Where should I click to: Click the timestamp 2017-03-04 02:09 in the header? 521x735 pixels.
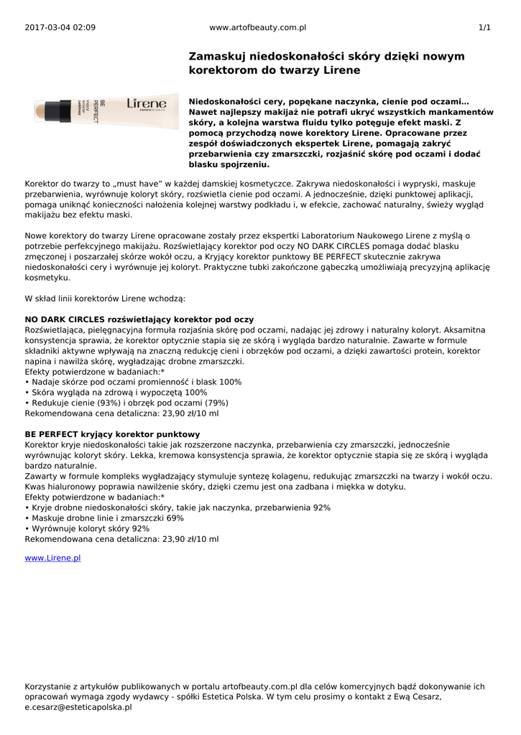pyautogui.click(x=60, y=27)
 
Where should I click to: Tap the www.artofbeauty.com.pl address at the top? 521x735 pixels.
pyautogui.click(x=258, y=27)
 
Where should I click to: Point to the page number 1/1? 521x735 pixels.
pyautogui.click(x=484, y=27)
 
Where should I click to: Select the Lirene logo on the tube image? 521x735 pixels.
pyautogui.click(x=147, y=104)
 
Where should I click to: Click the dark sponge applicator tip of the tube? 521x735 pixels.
pyautogui.click(x=46, y=111)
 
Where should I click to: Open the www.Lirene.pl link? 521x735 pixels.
pyautogui.click(x=52, y=558)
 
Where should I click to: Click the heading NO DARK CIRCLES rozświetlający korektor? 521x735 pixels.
pyautogui.click(x=139, y=319)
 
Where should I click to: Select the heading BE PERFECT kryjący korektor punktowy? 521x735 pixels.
pyautogui.click(x=112, y=434)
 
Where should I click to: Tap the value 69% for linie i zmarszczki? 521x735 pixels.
pyautogui.click(x=175, y=518)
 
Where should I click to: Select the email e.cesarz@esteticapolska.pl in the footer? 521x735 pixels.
pyautogui.click(x=78, y=707)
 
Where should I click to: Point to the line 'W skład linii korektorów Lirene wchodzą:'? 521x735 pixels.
pyautogui.click(x=105, y=298)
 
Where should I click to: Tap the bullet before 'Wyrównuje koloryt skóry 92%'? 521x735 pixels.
pyautogui.click(x=27, y=528)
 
